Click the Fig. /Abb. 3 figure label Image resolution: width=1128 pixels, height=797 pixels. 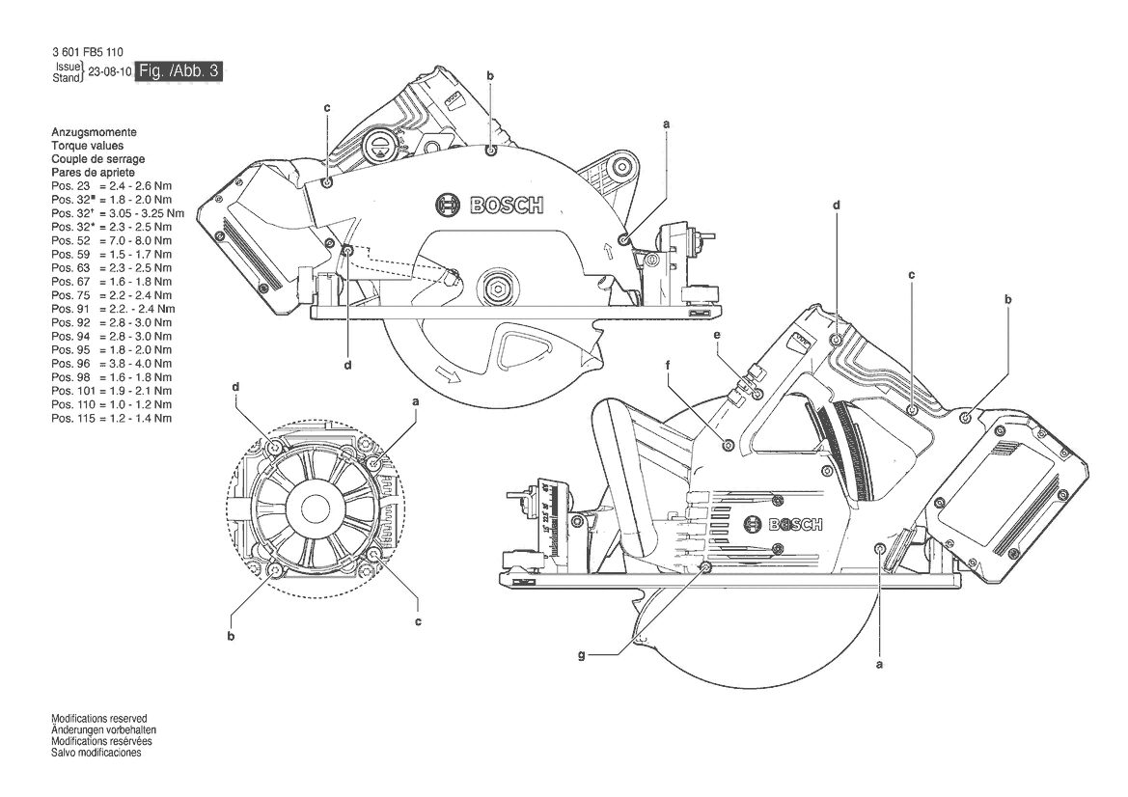tap(179, 70)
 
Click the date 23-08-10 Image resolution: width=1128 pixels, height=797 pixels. tap(109, 72)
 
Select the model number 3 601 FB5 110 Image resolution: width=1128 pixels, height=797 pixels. tap(87, 52)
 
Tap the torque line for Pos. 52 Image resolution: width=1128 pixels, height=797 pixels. tap(112, 240)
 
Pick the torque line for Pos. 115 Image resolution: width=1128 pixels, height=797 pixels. tap(112, 418)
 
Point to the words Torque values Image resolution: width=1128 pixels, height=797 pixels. tap(87, 146)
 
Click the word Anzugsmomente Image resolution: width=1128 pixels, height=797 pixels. tap(94, 132)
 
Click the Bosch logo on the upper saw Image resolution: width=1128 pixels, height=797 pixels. tap(489, 205)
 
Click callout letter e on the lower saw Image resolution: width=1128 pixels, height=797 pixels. tap(717, 335)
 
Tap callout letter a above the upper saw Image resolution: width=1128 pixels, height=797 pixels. tap(666, 124)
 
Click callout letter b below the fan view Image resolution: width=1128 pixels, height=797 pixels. tap(231, 636)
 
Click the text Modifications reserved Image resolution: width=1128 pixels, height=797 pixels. tap(99, 719)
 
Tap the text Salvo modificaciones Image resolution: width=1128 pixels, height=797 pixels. tap(96, 754)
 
